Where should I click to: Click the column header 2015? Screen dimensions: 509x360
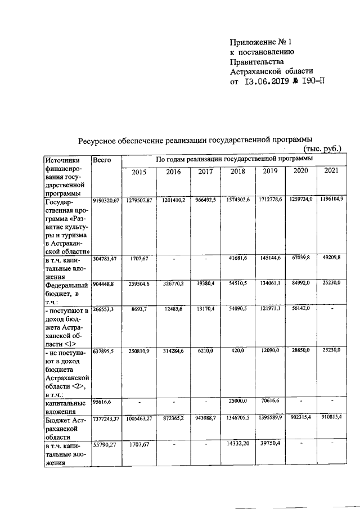click(138, 172)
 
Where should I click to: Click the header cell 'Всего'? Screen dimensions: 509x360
click(102, 160)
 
